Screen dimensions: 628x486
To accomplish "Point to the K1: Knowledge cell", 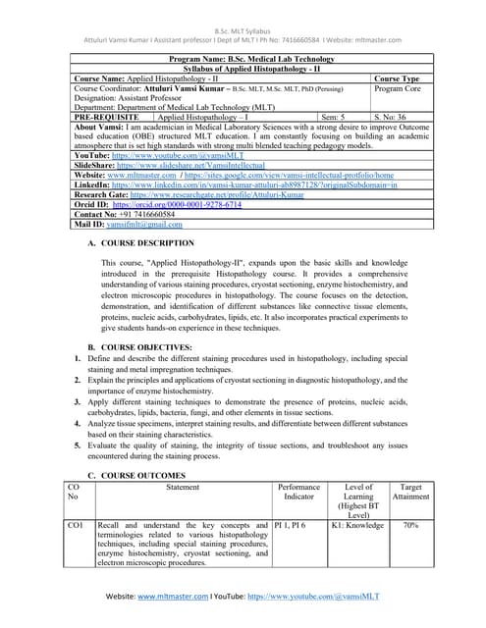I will [x=356, y=526].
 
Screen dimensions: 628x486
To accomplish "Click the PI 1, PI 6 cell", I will [x=291, y=526].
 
